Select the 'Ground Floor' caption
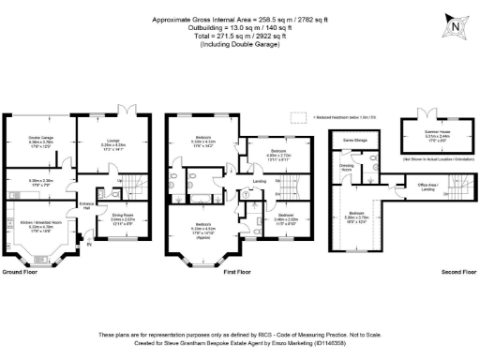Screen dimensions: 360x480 pyautogui.click(x=23, y=271)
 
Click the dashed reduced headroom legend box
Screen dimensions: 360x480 pyautogui.click(x=298, y=117)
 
